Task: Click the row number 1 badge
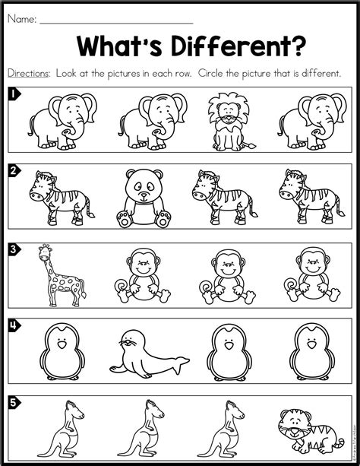[13, 95]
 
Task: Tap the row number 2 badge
[13, 170]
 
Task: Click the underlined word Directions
[29, 73]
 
